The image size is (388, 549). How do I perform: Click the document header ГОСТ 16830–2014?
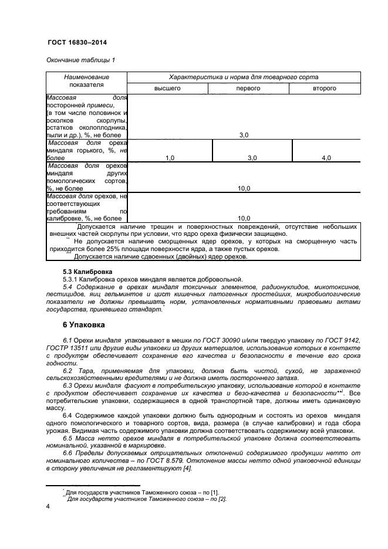click(x=76, y=43)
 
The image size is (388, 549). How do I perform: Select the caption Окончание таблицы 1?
click(x=80, y=60)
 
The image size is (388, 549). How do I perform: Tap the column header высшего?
click(x=167, y=88)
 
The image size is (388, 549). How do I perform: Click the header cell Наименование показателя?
click(x=86, y=81)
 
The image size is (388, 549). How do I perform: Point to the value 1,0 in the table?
click(x=170, y=158)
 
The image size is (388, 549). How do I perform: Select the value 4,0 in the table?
click(x=326, y=158)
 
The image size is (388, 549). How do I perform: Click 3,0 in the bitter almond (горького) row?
click(x=252, y=158)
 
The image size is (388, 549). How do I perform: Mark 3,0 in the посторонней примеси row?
click(x=244, y=135)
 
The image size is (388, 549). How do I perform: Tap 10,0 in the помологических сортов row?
click(x=244, y=188)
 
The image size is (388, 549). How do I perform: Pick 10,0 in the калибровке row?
click(x=244, y=218)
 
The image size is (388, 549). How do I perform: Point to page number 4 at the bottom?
click(x=48, y=506)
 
